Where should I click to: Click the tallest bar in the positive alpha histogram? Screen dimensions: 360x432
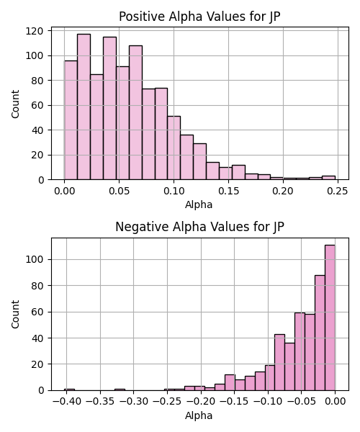(84, 107)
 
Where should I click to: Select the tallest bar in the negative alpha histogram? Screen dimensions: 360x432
(330, 318)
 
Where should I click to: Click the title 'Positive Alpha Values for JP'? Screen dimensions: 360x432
(199, 17)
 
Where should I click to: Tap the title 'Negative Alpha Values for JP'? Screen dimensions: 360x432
(199, 227)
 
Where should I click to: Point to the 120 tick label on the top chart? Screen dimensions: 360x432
(35, 31)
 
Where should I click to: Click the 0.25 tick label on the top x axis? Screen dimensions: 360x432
(338, 192)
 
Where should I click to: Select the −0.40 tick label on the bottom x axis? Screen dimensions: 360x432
(67, 402)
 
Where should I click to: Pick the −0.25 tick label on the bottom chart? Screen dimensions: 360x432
(167, 402)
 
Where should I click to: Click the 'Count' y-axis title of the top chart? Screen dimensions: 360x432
(15, 104)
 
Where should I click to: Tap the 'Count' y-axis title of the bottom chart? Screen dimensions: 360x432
(15, 315)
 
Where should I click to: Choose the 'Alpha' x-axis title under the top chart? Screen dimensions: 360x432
(199, 204)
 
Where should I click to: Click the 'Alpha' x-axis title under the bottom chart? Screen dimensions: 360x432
(199, 415)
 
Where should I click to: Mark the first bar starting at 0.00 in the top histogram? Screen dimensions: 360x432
(71, 120)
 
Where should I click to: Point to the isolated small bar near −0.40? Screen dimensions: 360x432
(69, 390)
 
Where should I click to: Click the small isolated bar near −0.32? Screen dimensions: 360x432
(120, 390)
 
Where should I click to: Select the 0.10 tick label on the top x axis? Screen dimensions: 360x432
(174, 192)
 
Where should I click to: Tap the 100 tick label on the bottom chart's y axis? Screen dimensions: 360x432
(35, 259)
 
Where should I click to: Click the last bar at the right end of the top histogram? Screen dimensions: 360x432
(328, 178)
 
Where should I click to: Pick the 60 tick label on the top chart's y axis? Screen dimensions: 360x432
(37, 105)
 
